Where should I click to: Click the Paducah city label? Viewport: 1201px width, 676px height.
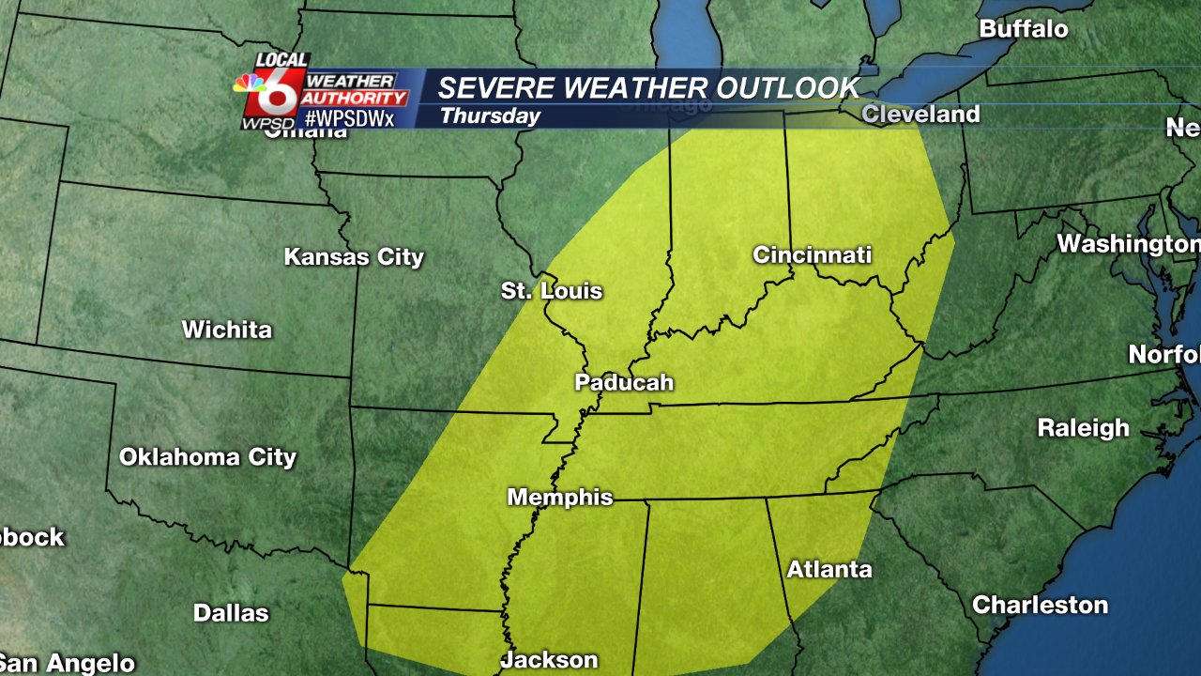tap(624, 382)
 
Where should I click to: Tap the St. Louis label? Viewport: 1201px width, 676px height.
tap(552, 291)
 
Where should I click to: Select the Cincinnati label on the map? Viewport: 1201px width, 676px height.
tap(812, 254)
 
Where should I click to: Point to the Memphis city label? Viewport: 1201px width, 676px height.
tap(560, 498)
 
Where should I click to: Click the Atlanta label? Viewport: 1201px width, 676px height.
tap(829, 569)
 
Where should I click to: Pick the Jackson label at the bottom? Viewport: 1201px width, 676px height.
tap(549, 659)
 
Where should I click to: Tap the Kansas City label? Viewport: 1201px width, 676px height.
tap(354, 257)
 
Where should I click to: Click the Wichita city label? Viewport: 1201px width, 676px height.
tap(227, 330)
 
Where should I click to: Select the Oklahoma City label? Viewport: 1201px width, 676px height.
tap(207, 457)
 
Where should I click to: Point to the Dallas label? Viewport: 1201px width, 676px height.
tap(231, 613)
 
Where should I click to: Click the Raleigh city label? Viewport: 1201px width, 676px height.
tap(1083, 428)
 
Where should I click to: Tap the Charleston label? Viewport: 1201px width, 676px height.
tap(1040, 605)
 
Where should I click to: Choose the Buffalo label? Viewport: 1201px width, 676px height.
tap(1024, 29)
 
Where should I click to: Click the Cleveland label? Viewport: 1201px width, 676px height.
tap(920, 115)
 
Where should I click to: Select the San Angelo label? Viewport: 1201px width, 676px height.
tap(68, 663)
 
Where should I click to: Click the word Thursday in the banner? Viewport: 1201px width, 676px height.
tap(490, 116)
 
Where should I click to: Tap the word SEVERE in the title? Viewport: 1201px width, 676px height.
tap(496, 88)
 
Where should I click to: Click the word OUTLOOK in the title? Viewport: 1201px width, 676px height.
tap(787, 88)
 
